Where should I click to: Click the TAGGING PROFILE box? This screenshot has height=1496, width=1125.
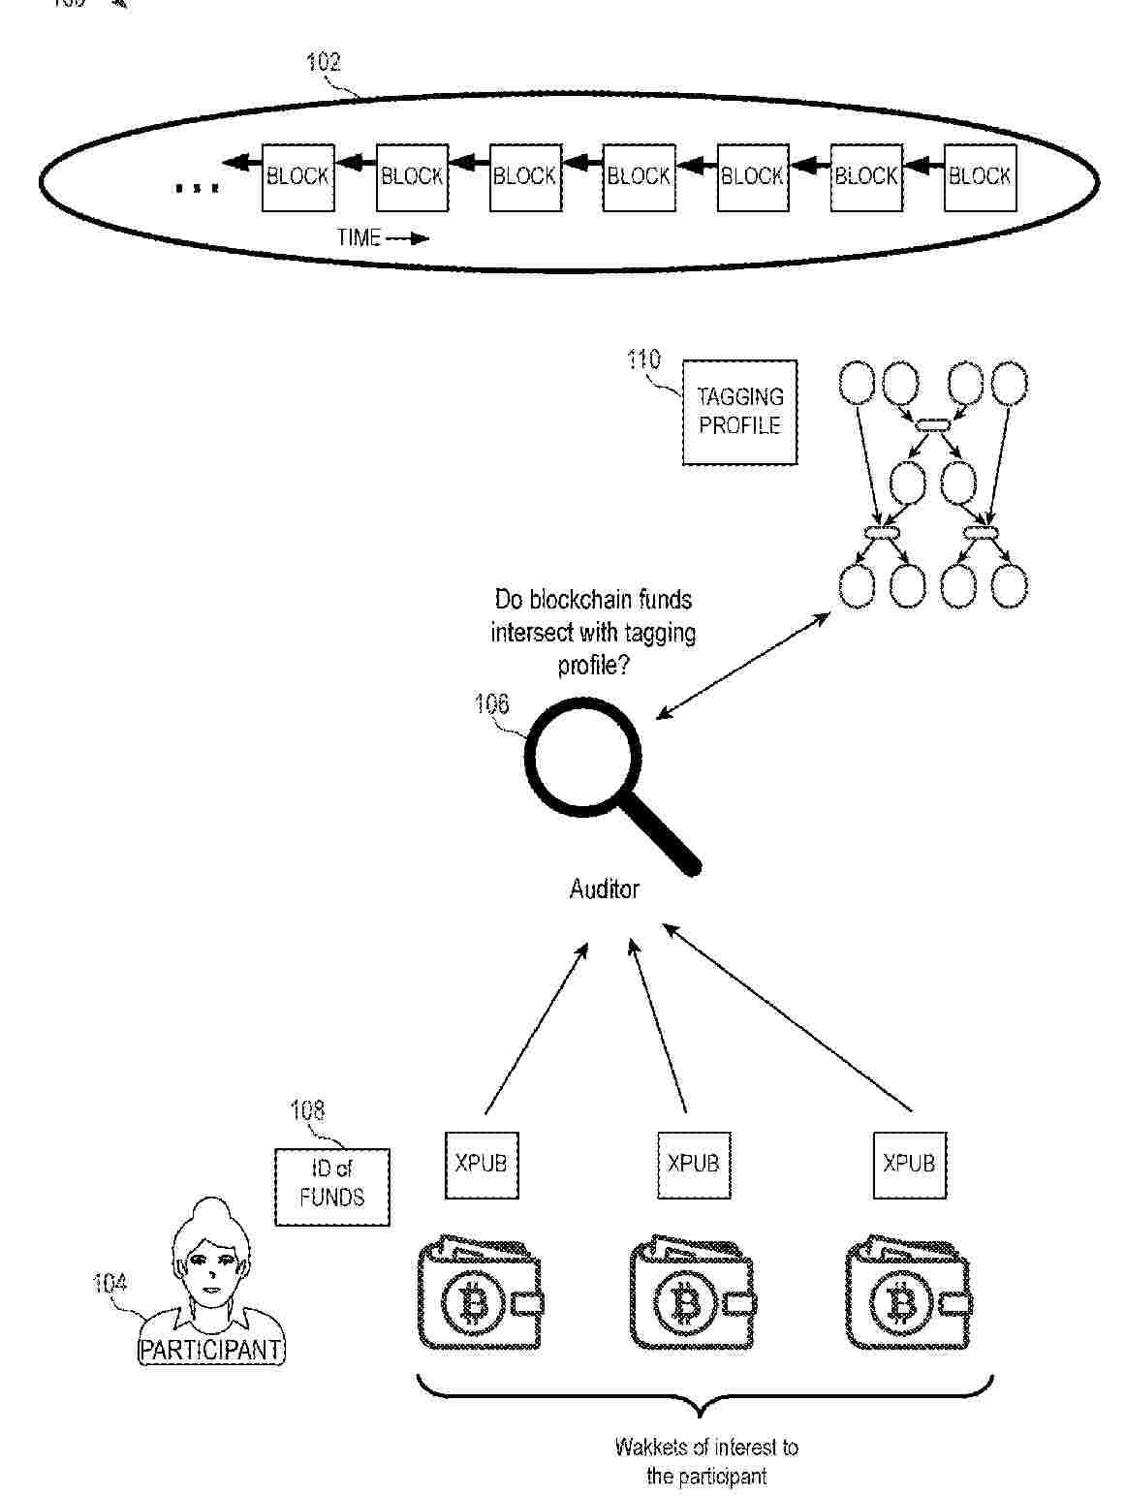tap(739, 412)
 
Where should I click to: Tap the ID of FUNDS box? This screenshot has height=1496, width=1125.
tap(331, 1185)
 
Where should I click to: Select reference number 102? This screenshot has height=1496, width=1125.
tap(324, 62)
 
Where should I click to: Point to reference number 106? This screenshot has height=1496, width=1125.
tap(491, 703)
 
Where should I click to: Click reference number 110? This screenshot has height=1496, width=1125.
tap(643, 360)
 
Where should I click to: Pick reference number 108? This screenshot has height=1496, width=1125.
tap(307, 1110)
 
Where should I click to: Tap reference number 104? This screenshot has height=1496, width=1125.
tap(109, 1284)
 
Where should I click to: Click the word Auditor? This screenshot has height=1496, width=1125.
tap(604, 888)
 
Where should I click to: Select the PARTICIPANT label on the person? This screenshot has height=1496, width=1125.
tap(211, 1349)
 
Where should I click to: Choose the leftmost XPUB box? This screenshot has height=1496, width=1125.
tap(481, 1163)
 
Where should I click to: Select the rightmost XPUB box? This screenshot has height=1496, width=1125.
tap(909, 1163)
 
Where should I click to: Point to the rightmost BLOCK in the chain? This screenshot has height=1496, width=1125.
tap(980, 176)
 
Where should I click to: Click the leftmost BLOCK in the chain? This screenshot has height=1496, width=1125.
tap(297, 176)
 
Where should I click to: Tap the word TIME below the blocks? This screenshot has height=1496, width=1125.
tap(359, 237)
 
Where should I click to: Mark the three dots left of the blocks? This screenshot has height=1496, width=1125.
tap(196, 187)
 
